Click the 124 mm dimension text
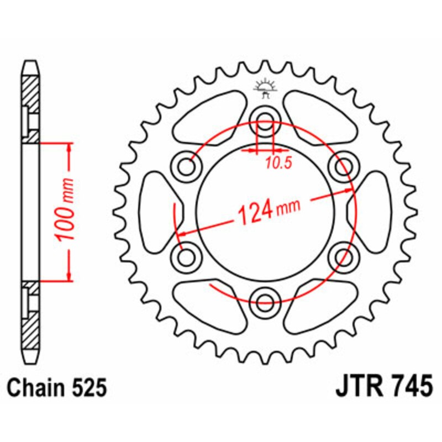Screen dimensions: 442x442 268,211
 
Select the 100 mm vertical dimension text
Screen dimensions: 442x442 65,210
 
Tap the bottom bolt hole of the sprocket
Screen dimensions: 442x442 266,299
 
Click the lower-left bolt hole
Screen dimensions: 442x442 187,255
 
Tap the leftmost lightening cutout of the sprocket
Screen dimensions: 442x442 155,210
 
